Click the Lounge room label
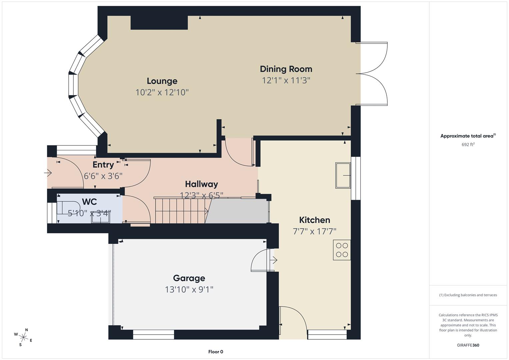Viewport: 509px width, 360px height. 162,81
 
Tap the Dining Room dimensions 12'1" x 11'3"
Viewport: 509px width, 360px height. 286,80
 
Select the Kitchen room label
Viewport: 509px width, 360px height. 314,220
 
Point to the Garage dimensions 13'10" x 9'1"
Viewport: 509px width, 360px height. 189,289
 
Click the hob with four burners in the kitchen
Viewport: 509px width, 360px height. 342,250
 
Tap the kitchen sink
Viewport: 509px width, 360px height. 343,175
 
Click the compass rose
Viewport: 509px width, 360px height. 23,337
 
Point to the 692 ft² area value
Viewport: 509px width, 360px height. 468,145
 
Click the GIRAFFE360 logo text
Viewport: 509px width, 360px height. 468,345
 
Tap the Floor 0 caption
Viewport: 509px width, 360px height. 216,352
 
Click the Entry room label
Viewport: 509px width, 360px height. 103,165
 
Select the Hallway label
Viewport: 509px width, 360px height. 201,184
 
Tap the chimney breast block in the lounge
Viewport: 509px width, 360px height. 159,23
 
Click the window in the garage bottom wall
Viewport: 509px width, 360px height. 153,334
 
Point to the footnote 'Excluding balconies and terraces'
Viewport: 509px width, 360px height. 468,295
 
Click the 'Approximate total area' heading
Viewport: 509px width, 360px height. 468,136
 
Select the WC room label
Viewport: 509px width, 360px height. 89,202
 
